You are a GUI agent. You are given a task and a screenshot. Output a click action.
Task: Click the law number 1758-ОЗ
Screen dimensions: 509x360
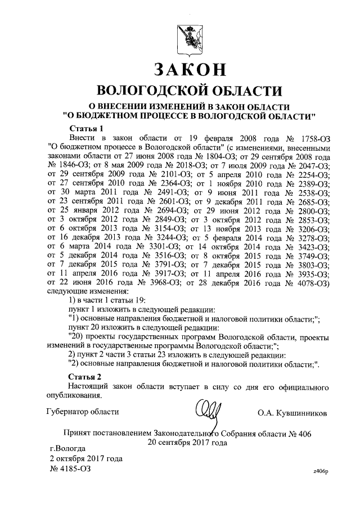click(x=310, y=138)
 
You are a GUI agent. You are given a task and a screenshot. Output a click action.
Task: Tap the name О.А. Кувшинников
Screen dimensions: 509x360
click(x=292, y=413)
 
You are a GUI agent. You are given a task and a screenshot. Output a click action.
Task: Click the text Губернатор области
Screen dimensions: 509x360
click(x=83, y=412)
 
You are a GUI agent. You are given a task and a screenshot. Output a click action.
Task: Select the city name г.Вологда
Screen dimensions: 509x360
click(x=68, y=448)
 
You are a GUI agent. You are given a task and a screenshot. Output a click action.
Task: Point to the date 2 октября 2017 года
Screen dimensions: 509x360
click(x=87, y=458)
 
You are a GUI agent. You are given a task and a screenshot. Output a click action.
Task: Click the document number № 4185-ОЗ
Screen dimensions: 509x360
click(x=70, y=467)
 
